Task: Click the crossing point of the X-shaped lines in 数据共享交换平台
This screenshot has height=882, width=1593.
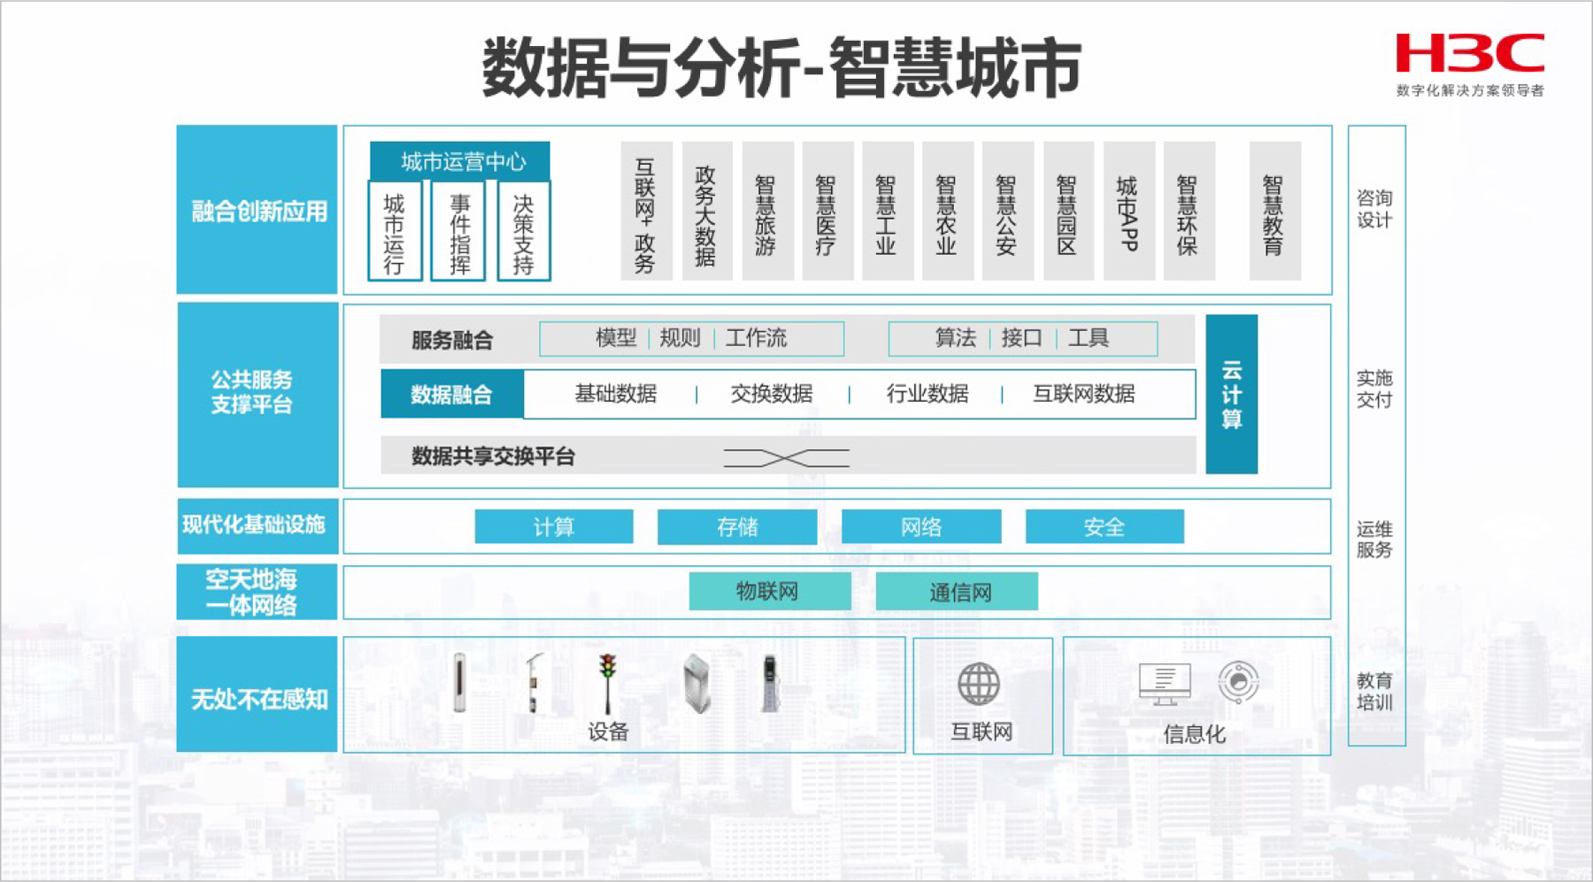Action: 786,458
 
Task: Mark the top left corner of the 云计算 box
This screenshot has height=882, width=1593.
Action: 1207,315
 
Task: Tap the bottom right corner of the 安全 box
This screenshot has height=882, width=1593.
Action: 1184,543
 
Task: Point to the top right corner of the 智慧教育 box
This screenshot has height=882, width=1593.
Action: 1301,142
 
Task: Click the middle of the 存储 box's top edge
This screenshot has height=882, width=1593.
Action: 737,510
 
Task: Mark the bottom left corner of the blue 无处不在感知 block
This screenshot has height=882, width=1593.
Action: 177,752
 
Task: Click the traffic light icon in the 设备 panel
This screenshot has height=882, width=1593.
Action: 607,683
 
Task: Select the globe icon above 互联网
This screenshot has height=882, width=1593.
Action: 979,684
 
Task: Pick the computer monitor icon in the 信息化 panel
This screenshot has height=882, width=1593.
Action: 1165,684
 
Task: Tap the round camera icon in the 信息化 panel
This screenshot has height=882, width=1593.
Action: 1238,682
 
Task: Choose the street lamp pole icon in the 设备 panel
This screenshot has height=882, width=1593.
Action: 534,683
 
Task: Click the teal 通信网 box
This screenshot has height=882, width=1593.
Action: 957,592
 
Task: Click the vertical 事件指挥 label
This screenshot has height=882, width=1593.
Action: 459,233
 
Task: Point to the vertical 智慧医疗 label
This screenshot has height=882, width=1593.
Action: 825,215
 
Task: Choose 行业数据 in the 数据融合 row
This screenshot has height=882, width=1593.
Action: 927,393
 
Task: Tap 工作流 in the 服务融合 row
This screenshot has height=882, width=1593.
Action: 756,337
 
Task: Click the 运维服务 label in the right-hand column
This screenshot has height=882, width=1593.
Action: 1374,539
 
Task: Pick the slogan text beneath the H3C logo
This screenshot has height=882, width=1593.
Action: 1470,90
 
